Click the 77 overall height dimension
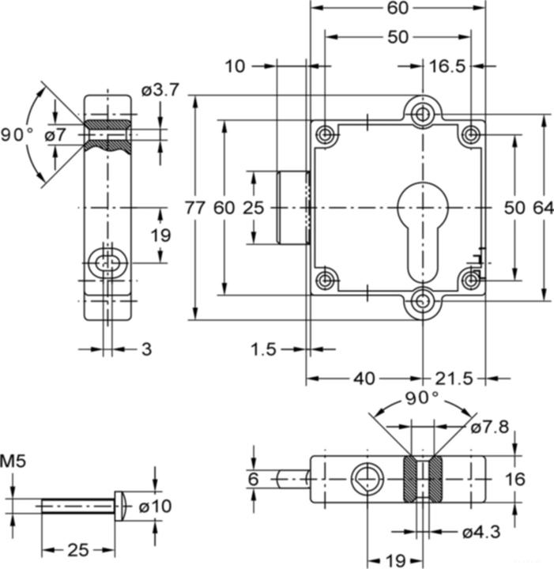(x=195, y=208)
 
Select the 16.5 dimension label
(x=447, y=66)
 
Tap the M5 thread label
(x=13, y=462)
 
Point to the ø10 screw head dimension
(x=155, y=506)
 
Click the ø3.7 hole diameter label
(x=160, y=90)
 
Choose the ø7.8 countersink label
(x=490, y=427)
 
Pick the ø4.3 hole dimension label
(x=481, y=533)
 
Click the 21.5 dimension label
(x=454, y=379)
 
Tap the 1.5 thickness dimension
(x=263, y=349)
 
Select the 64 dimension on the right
(x=543, y=208)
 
